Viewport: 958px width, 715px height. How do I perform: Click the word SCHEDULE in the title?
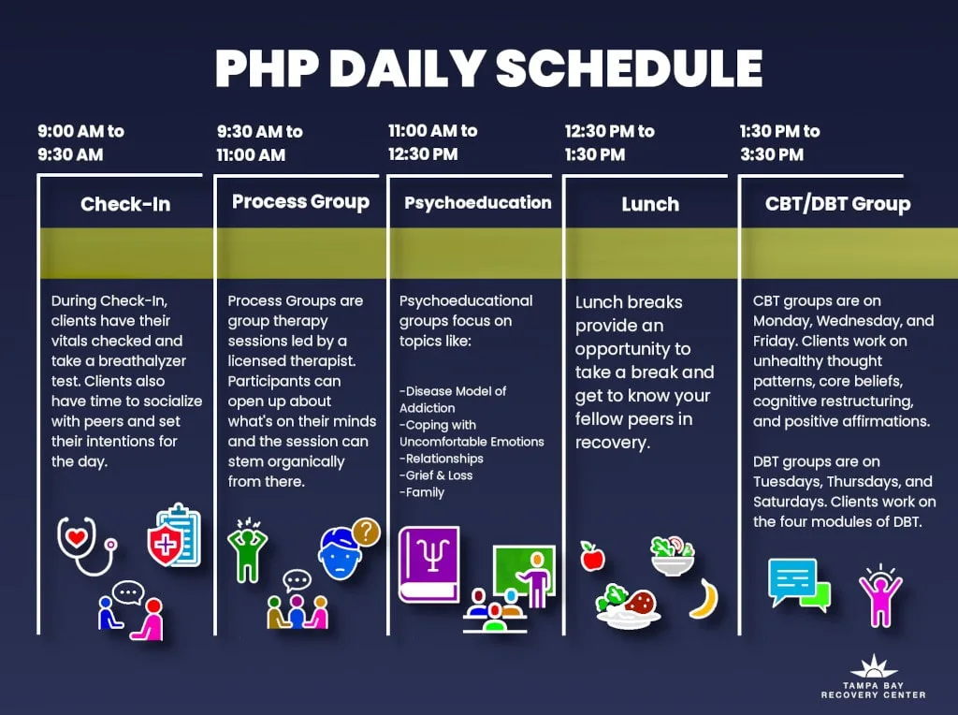[x=629, y=67]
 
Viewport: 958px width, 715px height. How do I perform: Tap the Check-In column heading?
[x=125, y=204]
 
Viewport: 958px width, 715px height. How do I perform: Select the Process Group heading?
[x=300, y=201]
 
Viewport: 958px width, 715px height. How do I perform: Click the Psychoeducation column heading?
[x=478, y=203]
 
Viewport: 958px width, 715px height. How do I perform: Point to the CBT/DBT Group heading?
[x=837, y=203]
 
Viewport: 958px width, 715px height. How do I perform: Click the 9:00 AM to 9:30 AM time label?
[x=80, y=142]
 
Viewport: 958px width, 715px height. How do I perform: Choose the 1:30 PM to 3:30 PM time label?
[x=779, y=142]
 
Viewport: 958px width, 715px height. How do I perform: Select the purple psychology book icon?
[x=428, y=564]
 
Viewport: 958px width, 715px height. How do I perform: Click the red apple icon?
[x=592, y=557]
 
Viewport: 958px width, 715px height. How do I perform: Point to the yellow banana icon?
[x=704, y=598]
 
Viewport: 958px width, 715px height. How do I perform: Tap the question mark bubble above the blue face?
[x=366, y=533]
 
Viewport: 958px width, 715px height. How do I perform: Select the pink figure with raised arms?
[x=880, y=595]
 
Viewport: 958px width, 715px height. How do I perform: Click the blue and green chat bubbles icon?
[x=799, y=584]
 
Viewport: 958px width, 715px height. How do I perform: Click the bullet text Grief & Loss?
[x=436, y=475]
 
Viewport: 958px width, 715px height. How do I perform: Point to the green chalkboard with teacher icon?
[x=524, y=575]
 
